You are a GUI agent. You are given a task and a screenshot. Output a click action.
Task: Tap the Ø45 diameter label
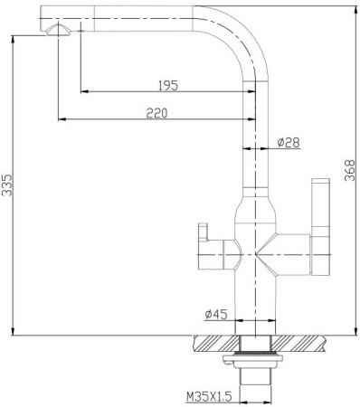[214, 314]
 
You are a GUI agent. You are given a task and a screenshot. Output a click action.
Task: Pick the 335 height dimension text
[8, 185]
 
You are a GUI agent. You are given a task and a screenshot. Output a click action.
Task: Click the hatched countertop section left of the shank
[215, 343]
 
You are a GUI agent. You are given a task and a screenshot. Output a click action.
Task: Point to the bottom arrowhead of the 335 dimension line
[15, 332]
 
